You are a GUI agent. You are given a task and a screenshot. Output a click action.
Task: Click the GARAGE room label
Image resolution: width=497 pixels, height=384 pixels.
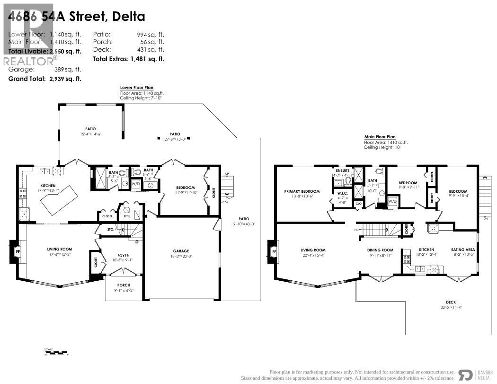tap(181, 251)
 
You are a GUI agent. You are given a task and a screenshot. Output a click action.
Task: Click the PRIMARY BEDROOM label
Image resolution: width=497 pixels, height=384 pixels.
tap(302, 191)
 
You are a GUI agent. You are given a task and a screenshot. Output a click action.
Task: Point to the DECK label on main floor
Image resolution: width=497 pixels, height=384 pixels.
tap(451, 302)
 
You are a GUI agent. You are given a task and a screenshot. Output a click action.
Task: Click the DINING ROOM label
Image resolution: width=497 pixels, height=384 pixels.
tap(380, 250)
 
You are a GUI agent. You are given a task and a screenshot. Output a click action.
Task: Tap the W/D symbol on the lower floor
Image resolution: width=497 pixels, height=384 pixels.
tap(135, 183)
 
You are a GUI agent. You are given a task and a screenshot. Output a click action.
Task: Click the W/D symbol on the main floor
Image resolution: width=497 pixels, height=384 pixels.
tap(392, 201)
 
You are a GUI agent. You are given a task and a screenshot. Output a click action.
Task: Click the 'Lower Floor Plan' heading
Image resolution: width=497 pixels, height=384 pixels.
tap(137, 88)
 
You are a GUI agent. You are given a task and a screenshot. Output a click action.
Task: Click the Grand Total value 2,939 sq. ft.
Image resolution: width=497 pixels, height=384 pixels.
tap(65, 79)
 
